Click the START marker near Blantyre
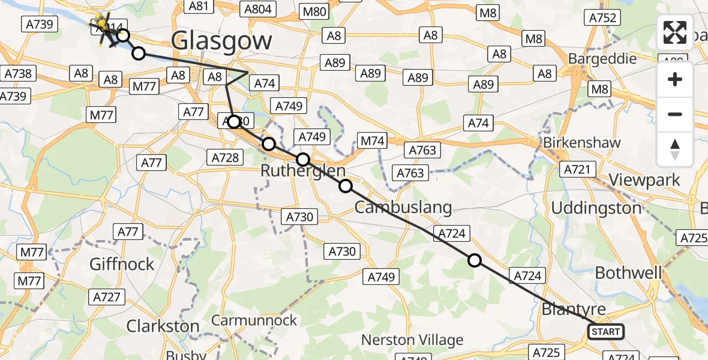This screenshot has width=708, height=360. coord(605,332)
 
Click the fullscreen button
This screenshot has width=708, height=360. coord(675,32)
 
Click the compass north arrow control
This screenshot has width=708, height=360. coord(675,149)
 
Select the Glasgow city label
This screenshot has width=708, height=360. coord(221,41)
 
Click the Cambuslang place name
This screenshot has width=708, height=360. coord(403,208)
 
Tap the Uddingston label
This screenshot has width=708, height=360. coord(596,208)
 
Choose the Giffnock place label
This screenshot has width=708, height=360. coord(122,264)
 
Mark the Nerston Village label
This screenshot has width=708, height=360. coord(412,340)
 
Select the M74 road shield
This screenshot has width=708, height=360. coord(372,141)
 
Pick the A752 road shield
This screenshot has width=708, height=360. coord(603,18)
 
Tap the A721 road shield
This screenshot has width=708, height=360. coord(577,170)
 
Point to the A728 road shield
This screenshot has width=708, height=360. coord(226,158)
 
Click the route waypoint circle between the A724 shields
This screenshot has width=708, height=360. coord(475,260)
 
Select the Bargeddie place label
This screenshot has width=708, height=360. coord(602,59)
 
